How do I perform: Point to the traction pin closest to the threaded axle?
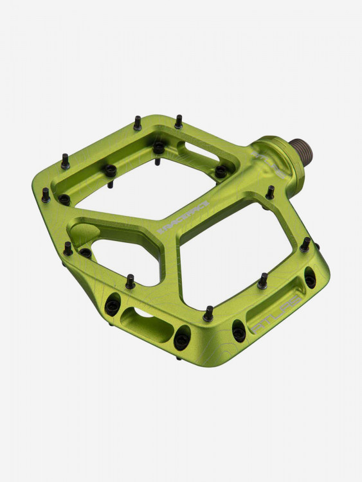(270, 192)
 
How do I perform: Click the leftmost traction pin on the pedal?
(46, 195)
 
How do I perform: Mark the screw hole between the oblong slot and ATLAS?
(182, 339)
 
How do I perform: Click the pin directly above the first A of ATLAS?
(262, 281)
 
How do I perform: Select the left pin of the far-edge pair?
(138, 123)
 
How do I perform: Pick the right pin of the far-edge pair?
(178, 121)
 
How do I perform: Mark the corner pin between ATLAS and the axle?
(305, 244)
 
